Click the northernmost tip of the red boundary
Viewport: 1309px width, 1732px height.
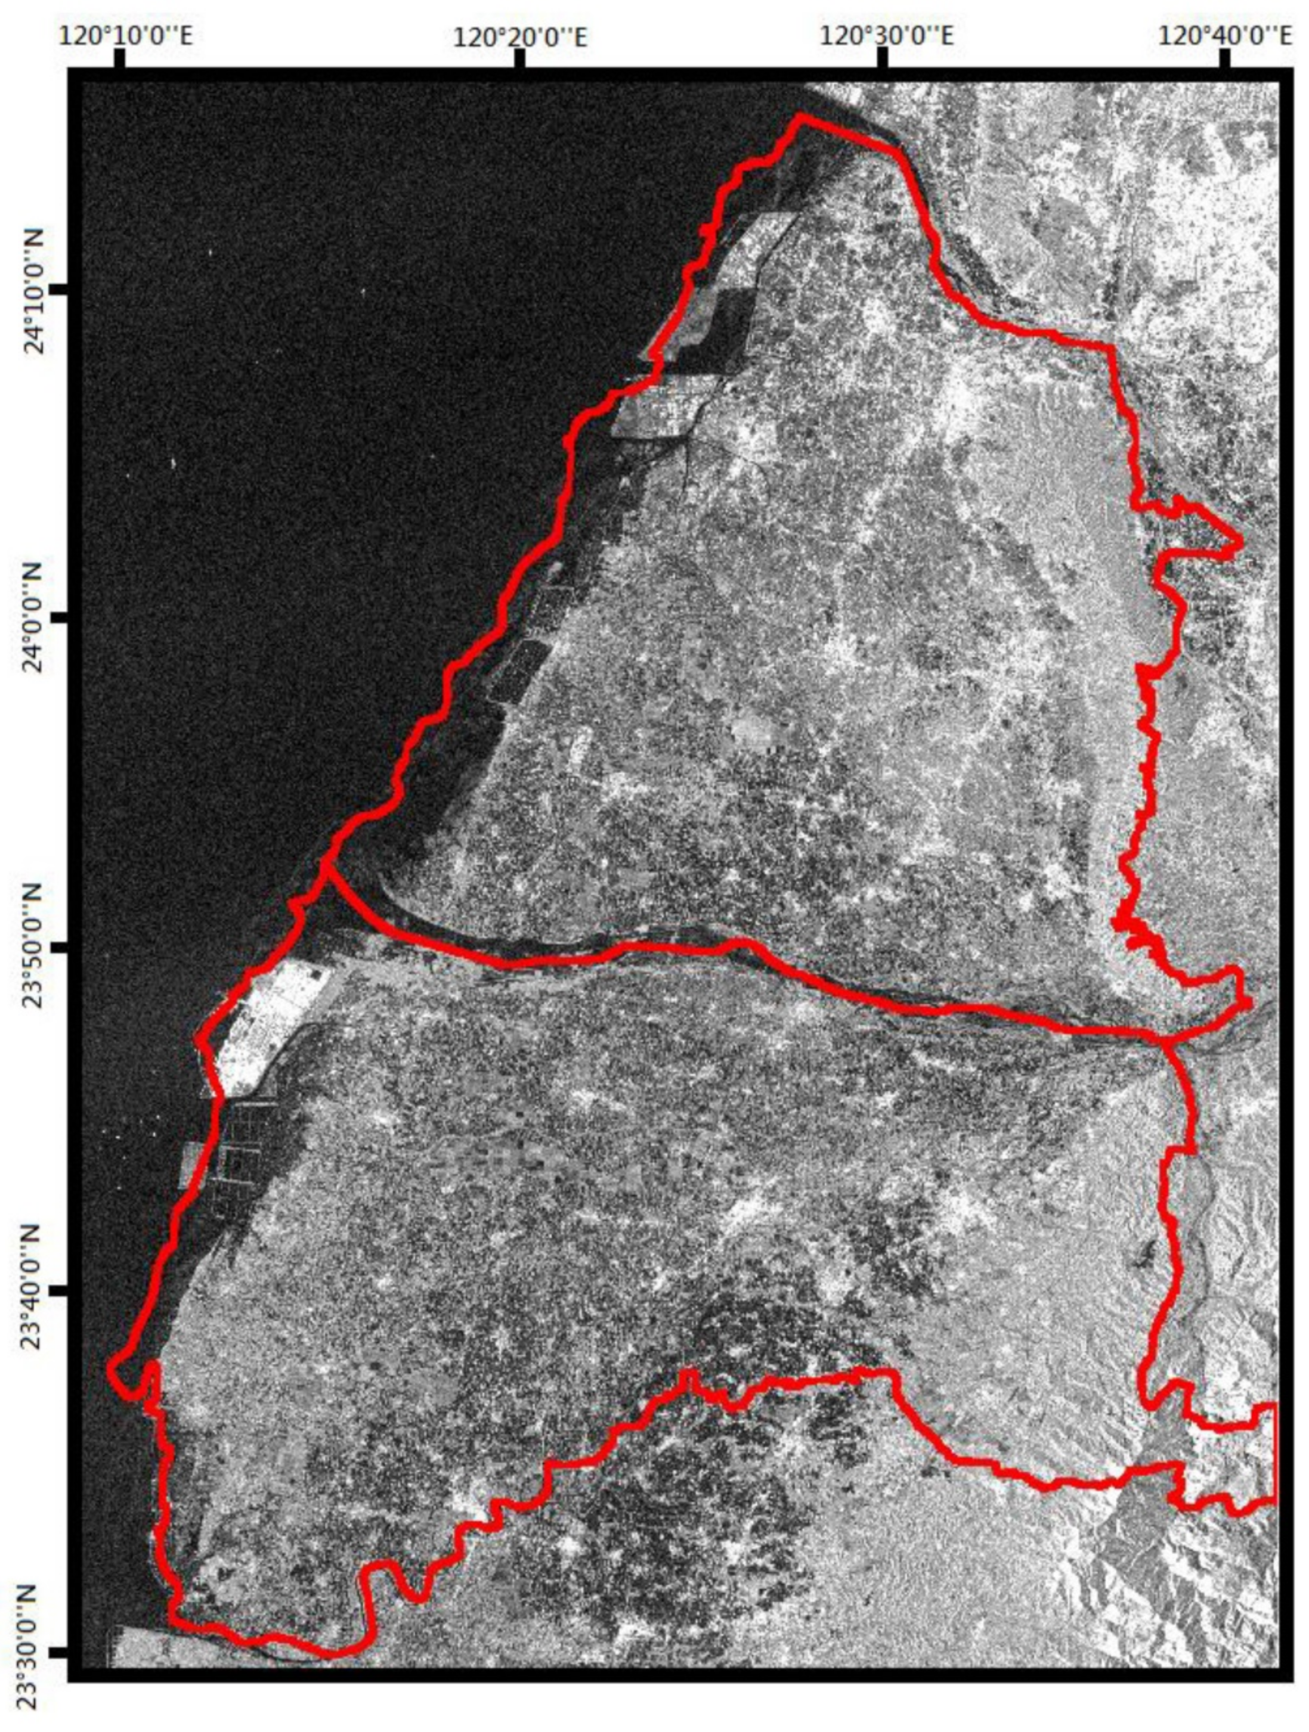(x=799, y=117)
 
